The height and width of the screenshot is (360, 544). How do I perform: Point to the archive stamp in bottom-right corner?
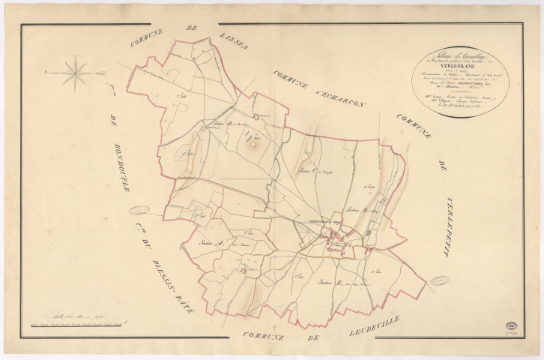[513, 328]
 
